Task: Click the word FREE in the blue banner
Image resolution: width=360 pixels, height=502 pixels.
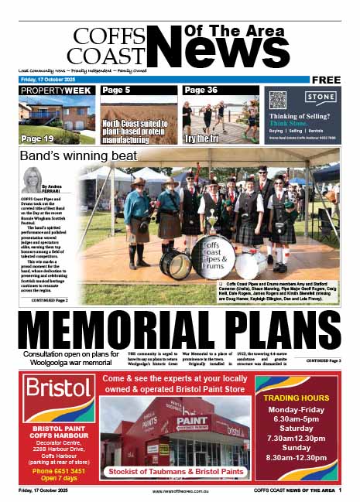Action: pos(327,79)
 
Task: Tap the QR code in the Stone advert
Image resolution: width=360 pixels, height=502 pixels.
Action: pos(278,99)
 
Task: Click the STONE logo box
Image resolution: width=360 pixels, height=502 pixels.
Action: pos(320,98)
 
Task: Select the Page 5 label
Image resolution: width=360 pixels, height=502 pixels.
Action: pos(116,90)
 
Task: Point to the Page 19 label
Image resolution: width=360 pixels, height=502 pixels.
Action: pos(37,139)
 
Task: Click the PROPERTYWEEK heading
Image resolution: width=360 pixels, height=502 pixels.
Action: pos(57,90)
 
